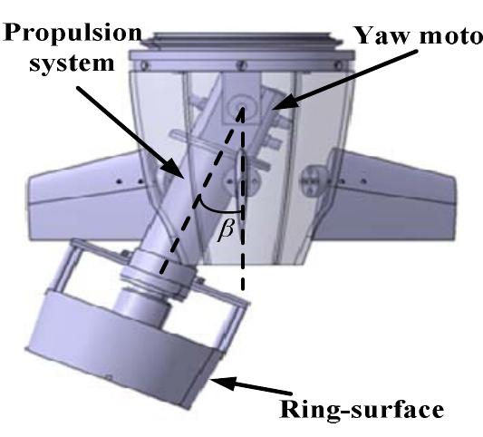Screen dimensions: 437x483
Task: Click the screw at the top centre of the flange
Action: point(242,63)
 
